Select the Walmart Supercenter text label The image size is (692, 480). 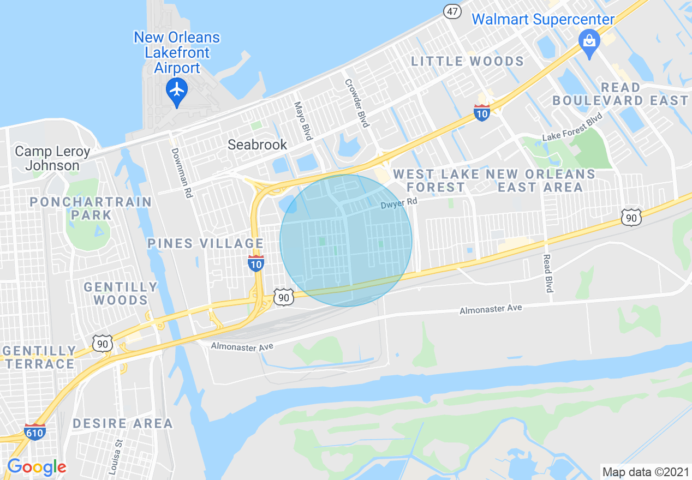click(x=543, y=20)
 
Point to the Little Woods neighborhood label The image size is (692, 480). click(x=468, y=61)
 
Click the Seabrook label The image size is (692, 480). click(x=257, y=145)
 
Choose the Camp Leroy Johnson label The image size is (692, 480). click(x=52, y=158)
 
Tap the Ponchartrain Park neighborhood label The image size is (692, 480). click(x=91, y=208)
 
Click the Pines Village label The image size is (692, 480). click(x=205, y=243)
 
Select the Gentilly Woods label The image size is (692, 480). click(x=120, y=293)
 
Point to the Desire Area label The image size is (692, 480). click(x=122, y=423)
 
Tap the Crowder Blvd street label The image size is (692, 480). click(x=357, y=103)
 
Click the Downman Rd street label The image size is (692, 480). click(x=183, y=173)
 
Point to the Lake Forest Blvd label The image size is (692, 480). click(x=572, y=127)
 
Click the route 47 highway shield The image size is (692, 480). click(x=452, y=11)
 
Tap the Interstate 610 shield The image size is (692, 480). click(x=34, y=431)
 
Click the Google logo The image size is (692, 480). click(x=37, y=467)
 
